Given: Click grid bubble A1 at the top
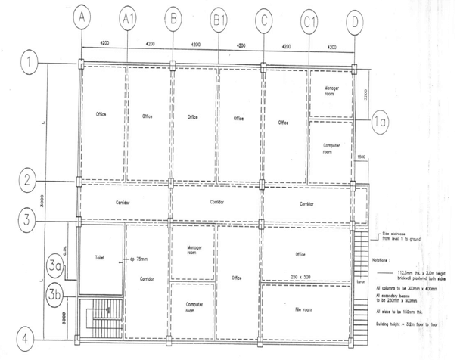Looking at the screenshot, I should tap(128, 20).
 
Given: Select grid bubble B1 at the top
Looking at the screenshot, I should tap(219, 20).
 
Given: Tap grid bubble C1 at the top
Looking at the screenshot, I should tap(309, 20).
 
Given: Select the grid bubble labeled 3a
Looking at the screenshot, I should tap(54, 266).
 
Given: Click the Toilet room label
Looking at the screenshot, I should tap(99, 258).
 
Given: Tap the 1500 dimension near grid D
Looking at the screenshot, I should tap(362, 157).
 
